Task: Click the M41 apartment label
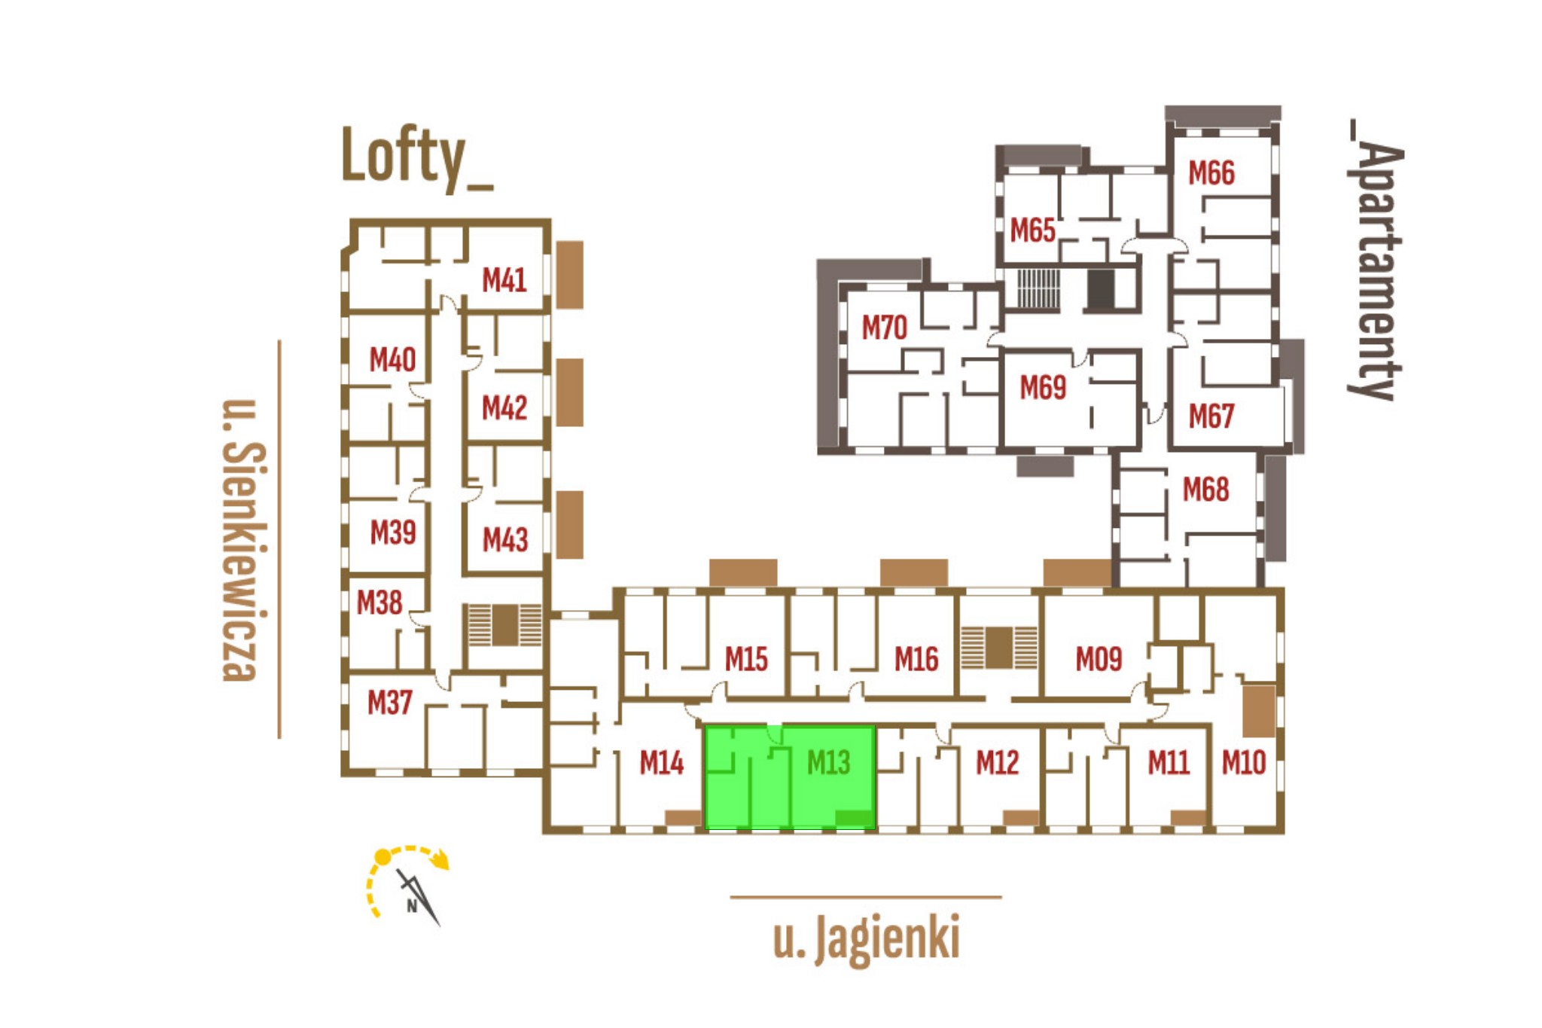point(504,280)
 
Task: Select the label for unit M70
point(884,328)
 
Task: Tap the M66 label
point(1211,173)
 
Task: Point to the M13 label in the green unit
point(828,763)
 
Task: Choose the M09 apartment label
point(1099,660)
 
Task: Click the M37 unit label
point(389,703)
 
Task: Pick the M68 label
point(1205,490)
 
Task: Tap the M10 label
point(1244,763)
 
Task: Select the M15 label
point(745,660)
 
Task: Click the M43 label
point(504,540)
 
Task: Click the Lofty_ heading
point(416,157)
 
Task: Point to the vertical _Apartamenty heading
point(1375,260)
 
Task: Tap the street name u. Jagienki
point(866,938)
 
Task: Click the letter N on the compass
point(412,906)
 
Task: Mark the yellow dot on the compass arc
point(382,857)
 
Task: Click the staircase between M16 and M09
point(998,648)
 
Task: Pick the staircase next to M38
point(504,625)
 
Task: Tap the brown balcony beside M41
point(570,275)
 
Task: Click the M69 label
point(1043,388)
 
